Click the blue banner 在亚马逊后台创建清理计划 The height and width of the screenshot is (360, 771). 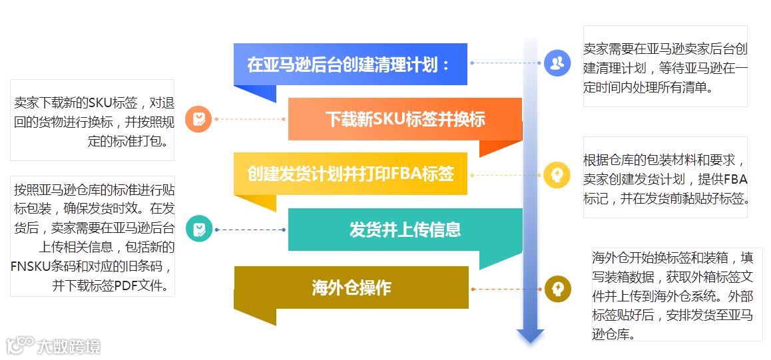350,65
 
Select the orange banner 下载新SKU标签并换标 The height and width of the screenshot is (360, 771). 405,120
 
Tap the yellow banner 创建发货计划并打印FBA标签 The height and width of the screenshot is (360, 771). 350,174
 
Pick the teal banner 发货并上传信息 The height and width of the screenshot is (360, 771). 405,230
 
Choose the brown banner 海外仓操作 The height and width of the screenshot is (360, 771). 351,288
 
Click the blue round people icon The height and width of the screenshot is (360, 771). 557,63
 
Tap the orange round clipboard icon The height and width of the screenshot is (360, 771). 198,120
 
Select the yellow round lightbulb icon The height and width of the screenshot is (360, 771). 557,175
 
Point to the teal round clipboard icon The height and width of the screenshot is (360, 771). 198,230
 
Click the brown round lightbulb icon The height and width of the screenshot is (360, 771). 557,289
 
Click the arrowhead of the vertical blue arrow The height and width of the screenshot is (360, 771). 530,335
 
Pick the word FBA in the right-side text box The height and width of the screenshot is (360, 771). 735,180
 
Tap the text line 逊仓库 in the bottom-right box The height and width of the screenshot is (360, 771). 613,334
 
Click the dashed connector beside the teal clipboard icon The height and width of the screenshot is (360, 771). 250,230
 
